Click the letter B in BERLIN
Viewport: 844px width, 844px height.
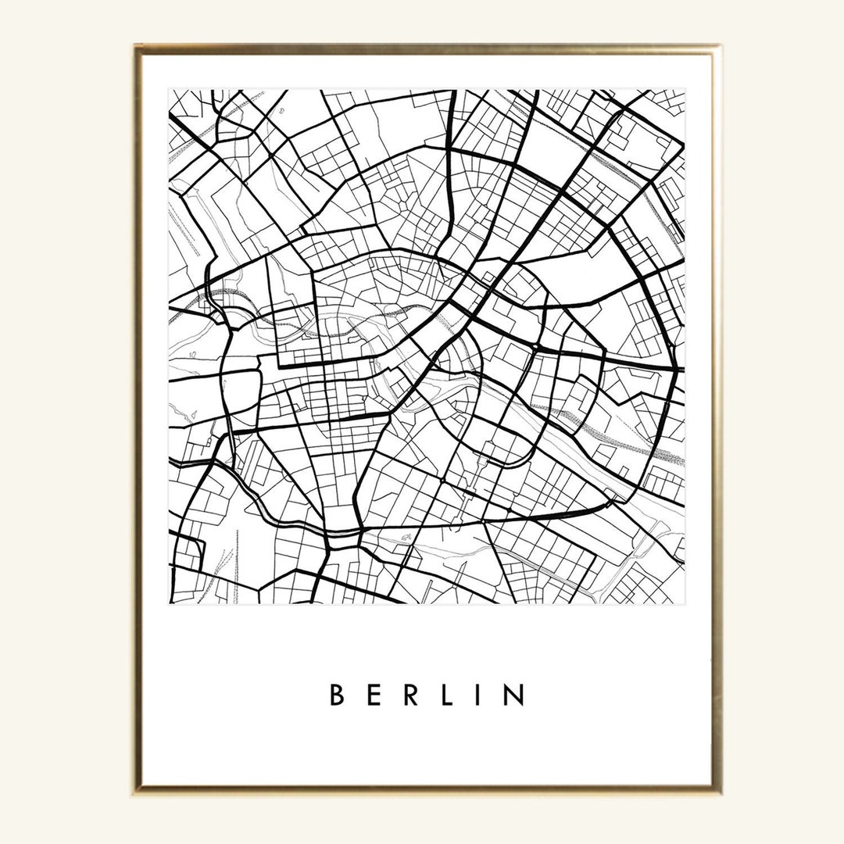click(x=338, y=695)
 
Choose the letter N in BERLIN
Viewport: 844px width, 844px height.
click(x=513, y=695)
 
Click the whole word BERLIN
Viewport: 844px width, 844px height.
click(x=426, y=695)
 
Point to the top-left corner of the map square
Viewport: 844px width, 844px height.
click(x=170, y=91)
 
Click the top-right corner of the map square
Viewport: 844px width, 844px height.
click(x=685, y=91)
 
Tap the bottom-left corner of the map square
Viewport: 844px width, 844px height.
click(x=170, y=603)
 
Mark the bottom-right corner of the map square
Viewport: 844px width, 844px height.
click(x=685, y=603)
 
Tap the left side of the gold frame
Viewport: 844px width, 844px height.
click(x=138, y=422)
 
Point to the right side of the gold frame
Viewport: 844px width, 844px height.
click(x=717, y=422)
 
